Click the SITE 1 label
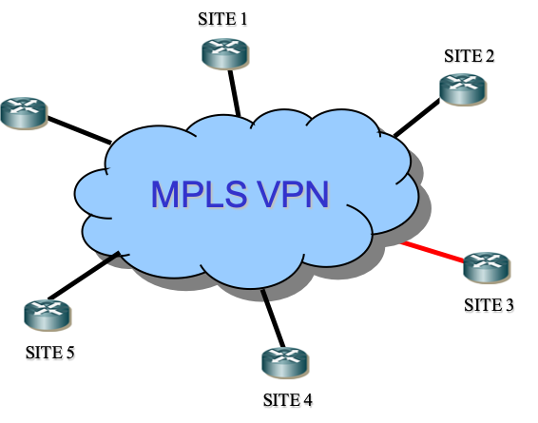coord(222,19)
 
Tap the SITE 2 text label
coord(469,56)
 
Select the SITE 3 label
coord(489,305)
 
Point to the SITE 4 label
coord(287,400)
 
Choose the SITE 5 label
coord(49,353)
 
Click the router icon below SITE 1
coord(225,53)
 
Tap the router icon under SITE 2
coord(463,89)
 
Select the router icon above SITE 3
coord(487,268)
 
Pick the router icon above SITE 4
coord(285,363)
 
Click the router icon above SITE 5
coord(48,316)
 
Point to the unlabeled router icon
coord(24,113)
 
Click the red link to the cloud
coord(432,252)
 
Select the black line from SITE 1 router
coord(235,92)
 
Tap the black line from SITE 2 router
coord(416,118)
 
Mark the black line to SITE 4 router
coord(273,318)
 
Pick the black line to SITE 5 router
coord(84,276)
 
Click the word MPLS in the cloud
coord(199,194)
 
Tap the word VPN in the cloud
coord(293,194)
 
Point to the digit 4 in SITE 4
coord(308,400)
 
